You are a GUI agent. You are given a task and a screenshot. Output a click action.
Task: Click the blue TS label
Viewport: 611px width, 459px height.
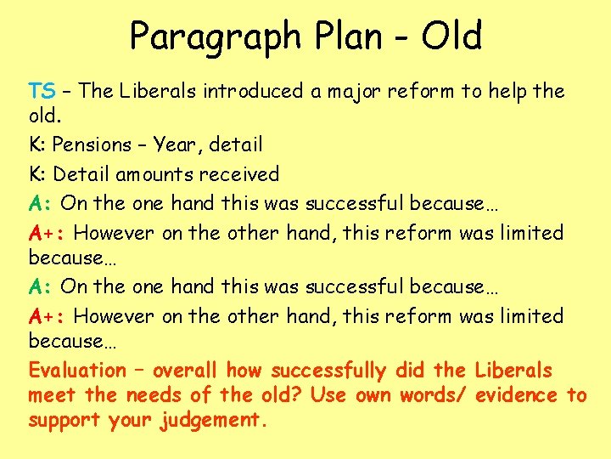tap(42, 91)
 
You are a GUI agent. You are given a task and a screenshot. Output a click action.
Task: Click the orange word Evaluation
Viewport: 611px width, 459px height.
tap(77, 371)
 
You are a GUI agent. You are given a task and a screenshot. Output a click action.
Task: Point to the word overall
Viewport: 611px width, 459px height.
tap(185, 371)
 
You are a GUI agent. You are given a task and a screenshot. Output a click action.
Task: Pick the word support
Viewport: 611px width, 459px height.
tap(65, 420)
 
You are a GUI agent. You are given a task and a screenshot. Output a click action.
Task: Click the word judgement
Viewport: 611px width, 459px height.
tap(213, 420)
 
